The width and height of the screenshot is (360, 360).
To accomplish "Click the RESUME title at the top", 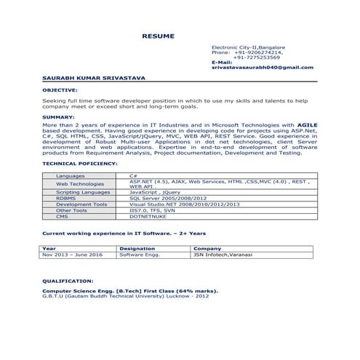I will pyautogui.click(x=158, y=36).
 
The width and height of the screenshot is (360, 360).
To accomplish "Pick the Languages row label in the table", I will pyautogui.click(x=70, y=176).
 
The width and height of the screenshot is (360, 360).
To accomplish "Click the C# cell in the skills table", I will pyautogui.click(x=134, y=176).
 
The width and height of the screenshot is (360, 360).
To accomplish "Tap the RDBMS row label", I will pyautogui.click(x=65, y=198).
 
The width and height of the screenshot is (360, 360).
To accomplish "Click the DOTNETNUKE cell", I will pyautogui.click(x=145, y=216).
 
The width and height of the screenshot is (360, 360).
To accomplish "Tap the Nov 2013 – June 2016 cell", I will pyautogui.click(x=73, y=255).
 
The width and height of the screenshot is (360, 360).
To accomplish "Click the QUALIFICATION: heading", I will pyautogui.click(x=68, y=280).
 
